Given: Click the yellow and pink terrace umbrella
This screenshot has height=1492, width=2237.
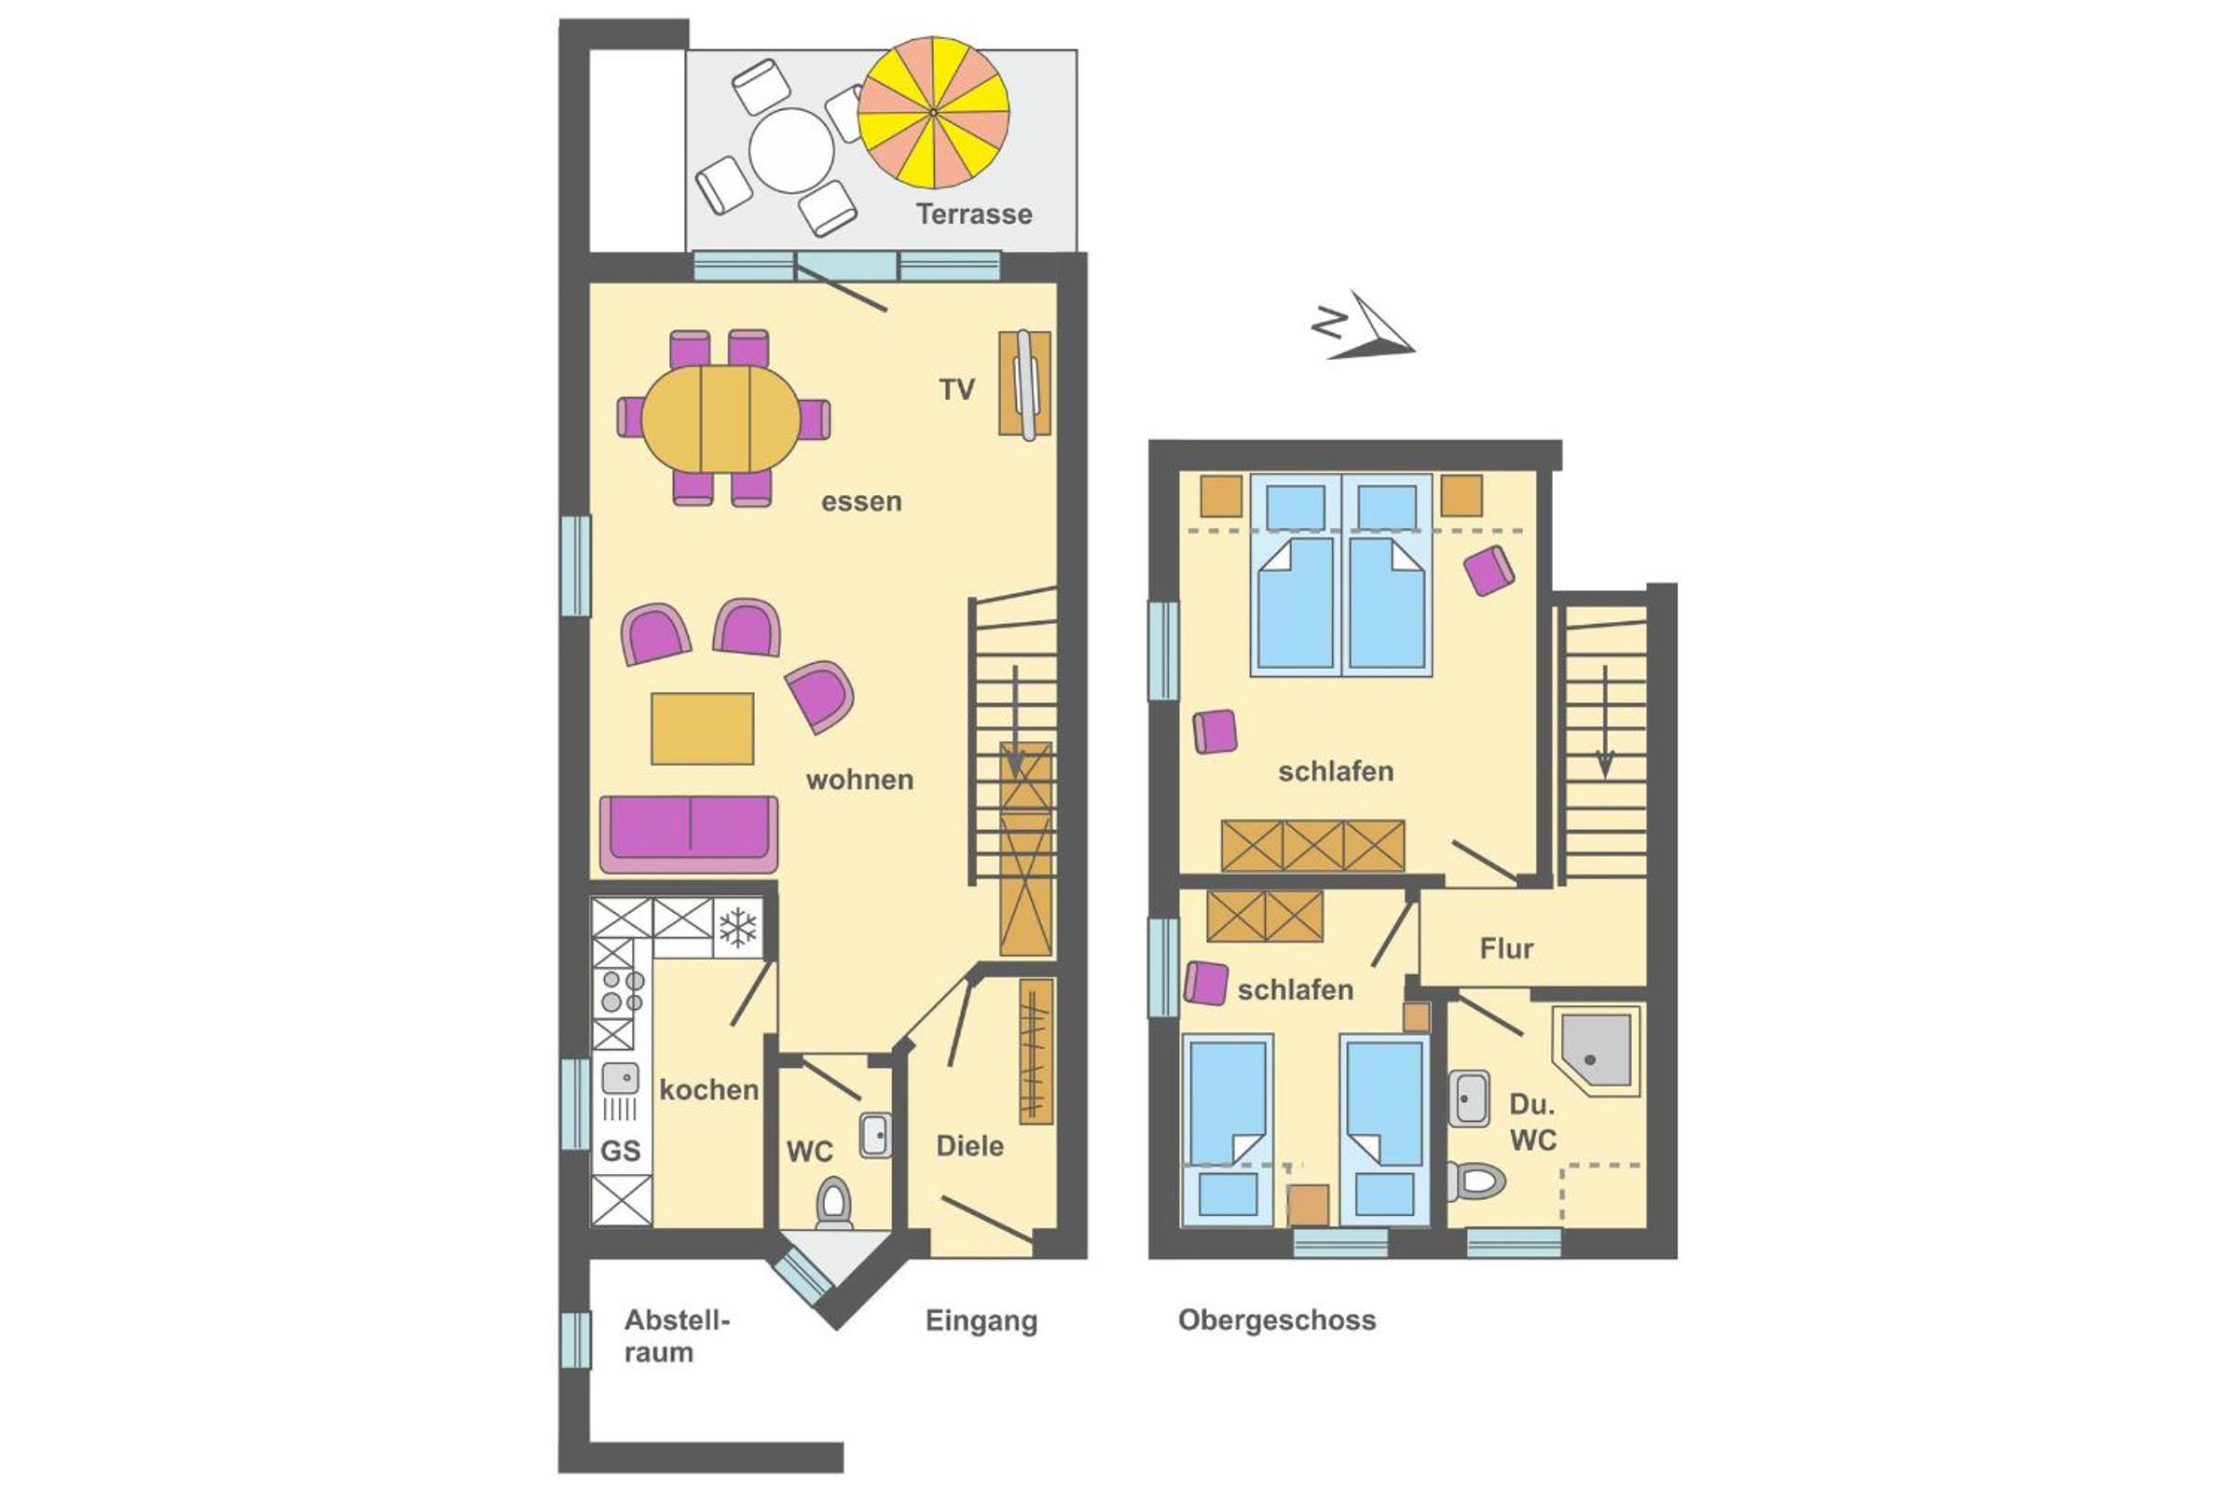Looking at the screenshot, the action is [x=933, y=112].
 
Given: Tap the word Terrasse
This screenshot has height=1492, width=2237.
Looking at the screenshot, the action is [x=974, y=214].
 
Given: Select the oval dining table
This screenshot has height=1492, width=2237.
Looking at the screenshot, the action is [x=721, y=418].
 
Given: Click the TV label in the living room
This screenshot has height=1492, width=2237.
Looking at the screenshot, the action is [x=957, y=389].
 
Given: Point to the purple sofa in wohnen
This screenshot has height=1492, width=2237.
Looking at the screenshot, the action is [x=690, y=835].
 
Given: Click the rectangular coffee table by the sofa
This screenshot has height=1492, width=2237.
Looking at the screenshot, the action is [x=702, y=728].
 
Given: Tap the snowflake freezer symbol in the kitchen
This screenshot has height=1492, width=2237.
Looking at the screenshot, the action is [x=738, y=927].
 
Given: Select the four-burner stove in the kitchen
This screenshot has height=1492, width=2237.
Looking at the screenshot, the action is [x=620, y=990].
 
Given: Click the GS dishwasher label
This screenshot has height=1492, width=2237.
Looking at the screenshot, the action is [x=620, y=1151].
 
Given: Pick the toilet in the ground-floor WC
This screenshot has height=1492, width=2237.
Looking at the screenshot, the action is [x=834, y=1203].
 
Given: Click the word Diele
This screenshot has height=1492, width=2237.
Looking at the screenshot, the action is [x=969, y=1146].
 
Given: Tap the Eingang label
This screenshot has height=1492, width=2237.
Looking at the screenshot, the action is [x=981, y=1320].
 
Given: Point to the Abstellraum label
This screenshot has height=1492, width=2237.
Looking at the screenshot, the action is [x=677, y=1336].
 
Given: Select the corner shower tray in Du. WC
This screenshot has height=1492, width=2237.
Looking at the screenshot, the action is [x=1597, y=1051].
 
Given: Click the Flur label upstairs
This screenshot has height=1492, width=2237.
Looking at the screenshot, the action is [x=1506, y=948].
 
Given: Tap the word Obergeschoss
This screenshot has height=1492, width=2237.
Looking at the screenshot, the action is [x=1276, y=1320].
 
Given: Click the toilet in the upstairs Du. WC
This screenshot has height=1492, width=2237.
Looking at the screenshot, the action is [x=1476, y=1181].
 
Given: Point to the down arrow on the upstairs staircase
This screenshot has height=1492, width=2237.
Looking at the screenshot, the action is [x=1605, y=721].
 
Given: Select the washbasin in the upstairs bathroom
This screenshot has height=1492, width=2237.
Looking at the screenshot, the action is [x=1469, y=1098].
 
